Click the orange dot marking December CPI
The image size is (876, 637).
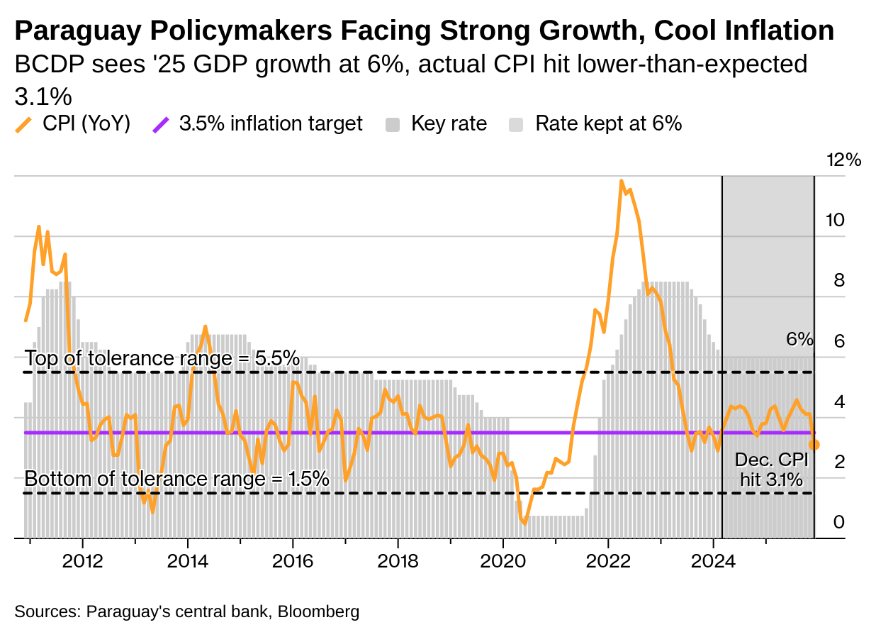click(814, 444)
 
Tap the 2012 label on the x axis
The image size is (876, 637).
click(83, 560)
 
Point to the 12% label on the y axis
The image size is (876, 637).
click(843, 160)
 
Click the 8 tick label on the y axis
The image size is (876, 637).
click(839, 280)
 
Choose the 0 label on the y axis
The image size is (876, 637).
click(839, 522)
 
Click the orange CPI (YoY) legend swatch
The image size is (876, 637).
click(23, 125)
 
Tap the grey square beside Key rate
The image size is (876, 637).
click(393, 125)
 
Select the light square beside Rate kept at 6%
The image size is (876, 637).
click(517, 125)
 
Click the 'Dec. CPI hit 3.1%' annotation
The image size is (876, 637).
click(771, 470)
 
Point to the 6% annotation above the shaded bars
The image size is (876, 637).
click(799, 339)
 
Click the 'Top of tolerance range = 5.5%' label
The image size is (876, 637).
click(162, 358)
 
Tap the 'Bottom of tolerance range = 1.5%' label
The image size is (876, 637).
click(176, 479)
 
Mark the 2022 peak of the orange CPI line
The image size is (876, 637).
click(622, 182)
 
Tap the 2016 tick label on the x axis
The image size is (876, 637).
click(293, 560)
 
